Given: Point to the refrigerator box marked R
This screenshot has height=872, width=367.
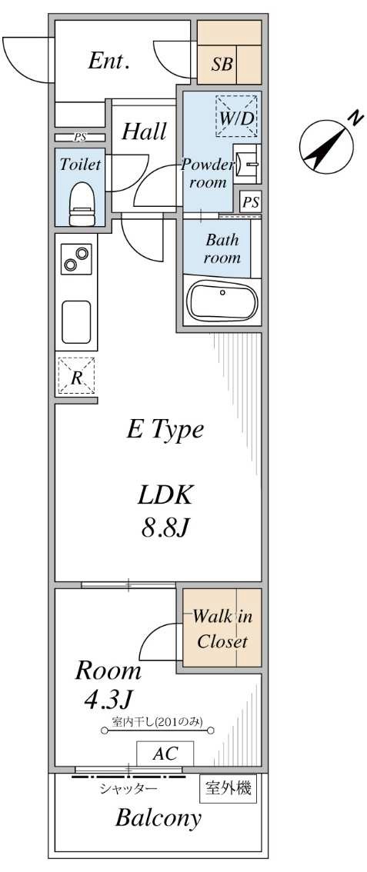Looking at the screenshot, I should point(76,376).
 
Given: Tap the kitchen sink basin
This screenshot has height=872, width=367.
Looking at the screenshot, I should point(76,321).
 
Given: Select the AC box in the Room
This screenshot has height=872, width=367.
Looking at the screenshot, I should point(165,754).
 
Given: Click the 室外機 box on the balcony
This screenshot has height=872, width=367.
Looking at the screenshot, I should point(229,787).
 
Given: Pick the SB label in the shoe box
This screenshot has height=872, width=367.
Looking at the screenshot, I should point(222,65).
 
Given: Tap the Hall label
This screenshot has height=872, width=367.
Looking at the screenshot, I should point(144,131).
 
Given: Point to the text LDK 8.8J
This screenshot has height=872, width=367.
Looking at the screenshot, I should point(165,511).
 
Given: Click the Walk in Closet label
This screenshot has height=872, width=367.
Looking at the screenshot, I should point(221,629).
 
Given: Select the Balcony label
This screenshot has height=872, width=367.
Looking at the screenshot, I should point(158,817).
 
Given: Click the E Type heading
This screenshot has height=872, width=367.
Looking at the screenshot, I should point(165,429).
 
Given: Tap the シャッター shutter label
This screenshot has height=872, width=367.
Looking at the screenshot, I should point(128,788).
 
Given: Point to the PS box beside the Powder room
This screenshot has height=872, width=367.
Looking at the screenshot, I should point(250,202).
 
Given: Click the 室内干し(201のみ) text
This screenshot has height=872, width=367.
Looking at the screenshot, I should point(157,721).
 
